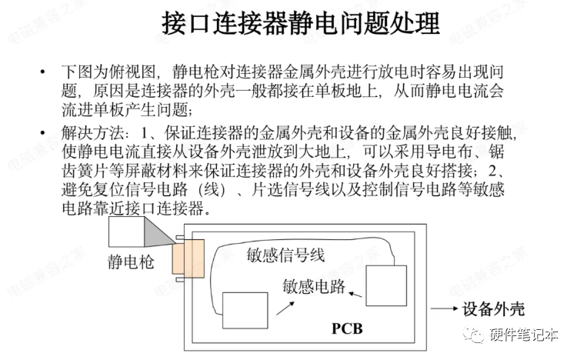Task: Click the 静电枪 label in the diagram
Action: pyautogui.click(x=131, y=262)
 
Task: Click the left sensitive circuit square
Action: pyautogui.click(x=245, y=313)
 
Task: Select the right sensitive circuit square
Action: pyautogui.click(x=386, y=286)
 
